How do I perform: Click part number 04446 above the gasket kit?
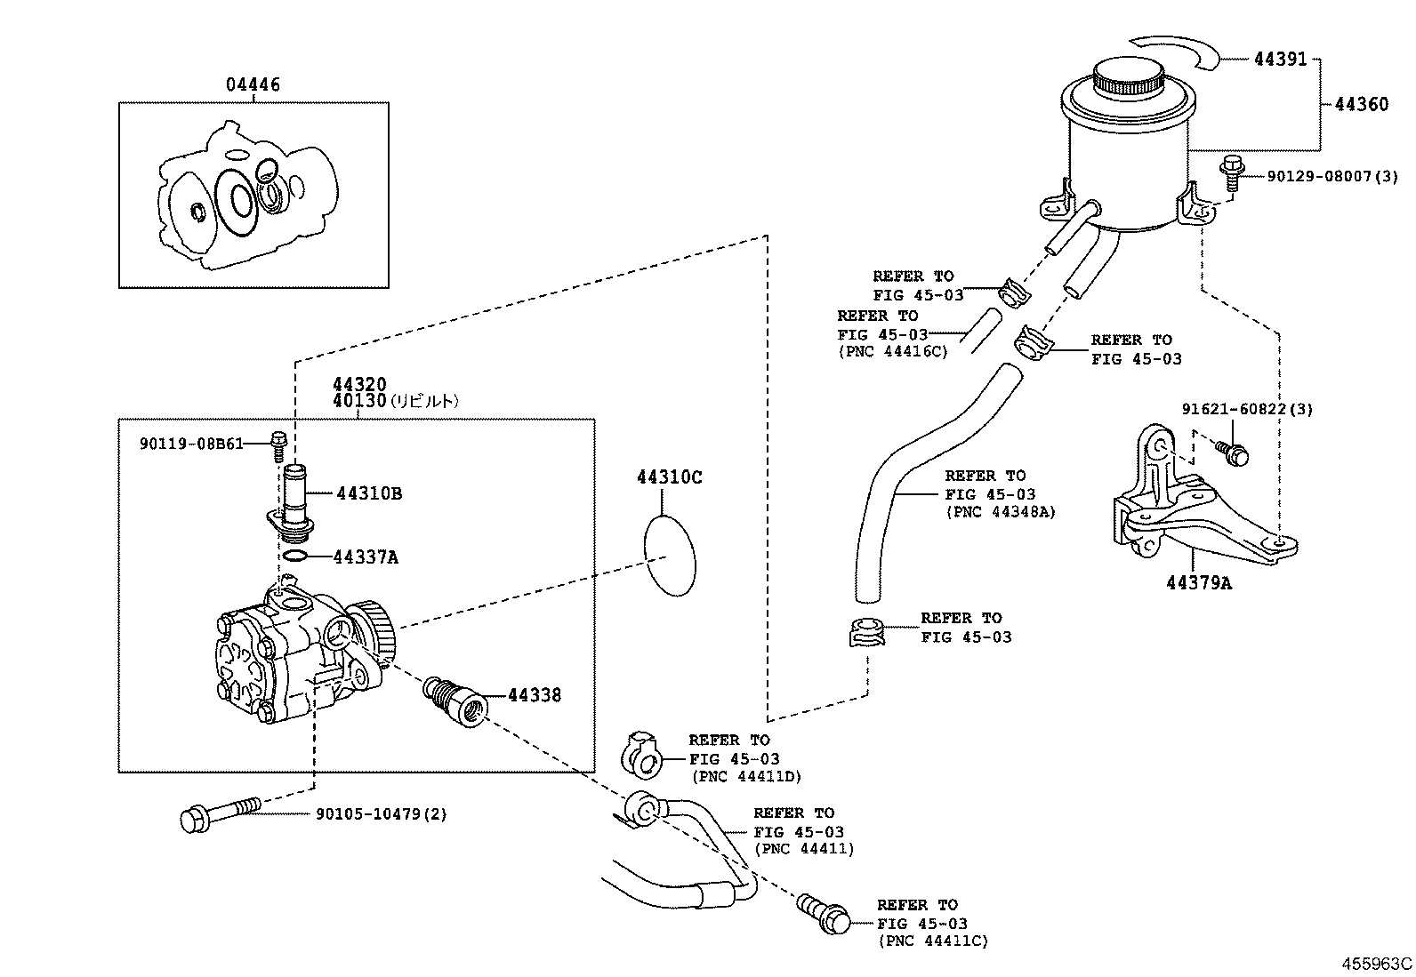pos(253,85)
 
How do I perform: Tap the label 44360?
pos(1361,105)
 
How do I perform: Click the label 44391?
pos(1281,60)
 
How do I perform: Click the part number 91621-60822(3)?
pos(1247,410)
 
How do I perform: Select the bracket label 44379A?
pos(1199,583)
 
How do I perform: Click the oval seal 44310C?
pos(669,556)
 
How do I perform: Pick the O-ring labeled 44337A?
pos(296,557)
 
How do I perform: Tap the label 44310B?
pos(368,493)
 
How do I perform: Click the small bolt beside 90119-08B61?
pos(278,444)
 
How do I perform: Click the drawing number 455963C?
pos(1377,964)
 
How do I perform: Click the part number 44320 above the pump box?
pos(359,385)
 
